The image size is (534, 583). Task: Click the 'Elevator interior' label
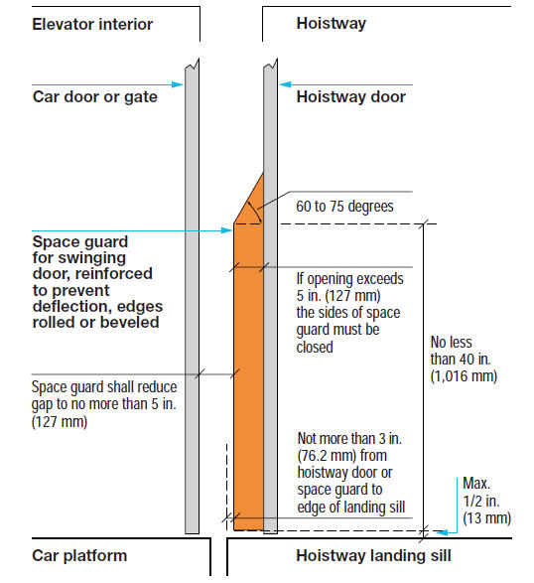point(92,25)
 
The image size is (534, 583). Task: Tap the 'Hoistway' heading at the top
point(332,25)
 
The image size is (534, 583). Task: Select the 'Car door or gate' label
point(94,97)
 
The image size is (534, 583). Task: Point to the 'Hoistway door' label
point(350,97)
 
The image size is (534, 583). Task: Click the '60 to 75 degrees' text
point(344,207)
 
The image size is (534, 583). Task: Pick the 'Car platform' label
point(79,556)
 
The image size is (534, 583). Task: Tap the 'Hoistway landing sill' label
point(373,556)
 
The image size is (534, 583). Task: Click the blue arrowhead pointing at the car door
point(178,84)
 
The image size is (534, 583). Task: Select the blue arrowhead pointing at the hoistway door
point(285,84)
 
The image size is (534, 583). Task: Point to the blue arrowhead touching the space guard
point(226,230)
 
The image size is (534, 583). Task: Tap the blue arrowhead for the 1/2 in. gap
point(442,532)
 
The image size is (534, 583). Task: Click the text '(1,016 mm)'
point(464,375)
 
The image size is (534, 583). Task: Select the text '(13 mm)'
point(486,517)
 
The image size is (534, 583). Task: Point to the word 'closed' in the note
point(315,347)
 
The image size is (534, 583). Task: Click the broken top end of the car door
point(193,64)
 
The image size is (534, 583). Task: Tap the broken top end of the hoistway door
point(271,64)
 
